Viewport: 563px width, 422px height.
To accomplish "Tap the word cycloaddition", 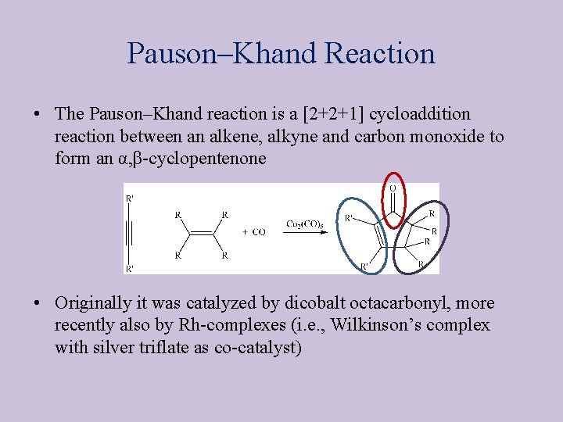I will coord(420,114).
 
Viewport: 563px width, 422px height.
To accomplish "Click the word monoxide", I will coord(442,137).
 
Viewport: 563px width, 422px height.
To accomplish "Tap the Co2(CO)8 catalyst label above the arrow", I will coord(304,224).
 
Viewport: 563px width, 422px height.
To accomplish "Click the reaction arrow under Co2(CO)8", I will coord(305,232).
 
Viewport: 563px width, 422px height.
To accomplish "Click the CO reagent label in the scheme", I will coord(254,232).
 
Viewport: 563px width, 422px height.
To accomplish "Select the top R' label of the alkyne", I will coord(130,198).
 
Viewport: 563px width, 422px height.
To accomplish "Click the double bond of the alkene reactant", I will coord(202,233).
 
